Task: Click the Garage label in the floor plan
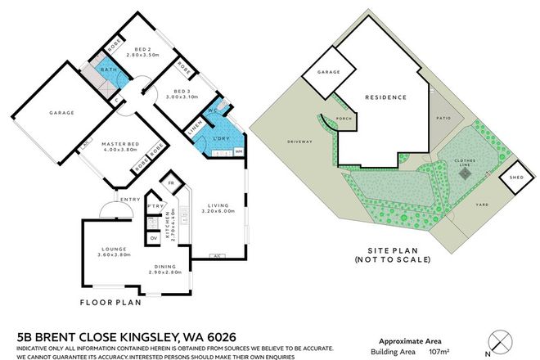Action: tap(61, 112)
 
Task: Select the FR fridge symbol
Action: tap(171, 181)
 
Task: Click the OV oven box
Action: tap(153, 238)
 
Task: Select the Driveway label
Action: tap(300, 142)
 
